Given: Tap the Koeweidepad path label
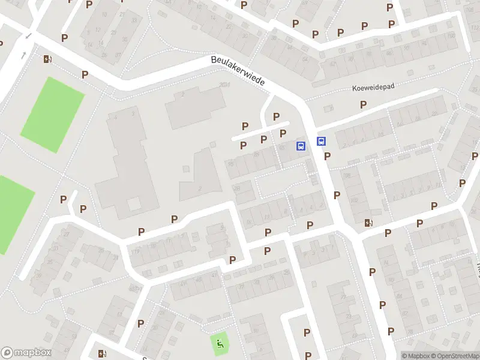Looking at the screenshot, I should coord(373,88).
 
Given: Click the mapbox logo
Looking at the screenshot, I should coord(26,353).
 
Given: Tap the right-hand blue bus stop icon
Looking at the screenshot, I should coord(322,142).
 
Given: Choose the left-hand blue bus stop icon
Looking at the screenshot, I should coord(301,145).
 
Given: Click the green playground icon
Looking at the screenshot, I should coord(220,344).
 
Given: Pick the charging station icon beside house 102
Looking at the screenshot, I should coord(368,223).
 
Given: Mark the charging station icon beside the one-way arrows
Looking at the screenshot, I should coord(47,59).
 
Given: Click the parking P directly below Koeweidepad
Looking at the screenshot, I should coord(363,104).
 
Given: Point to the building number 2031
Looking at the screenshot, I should coord(225,85).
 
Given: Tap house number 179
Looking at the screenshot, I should coord(136,252).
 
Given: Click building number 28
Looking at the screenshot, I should coord(236,188).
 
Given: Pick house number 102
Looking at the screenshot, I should coord(354,201).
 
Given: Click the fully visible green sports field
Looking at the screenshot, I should coord(52,114).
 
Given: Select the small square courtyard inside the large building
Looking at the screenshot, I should coord(134,204).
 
